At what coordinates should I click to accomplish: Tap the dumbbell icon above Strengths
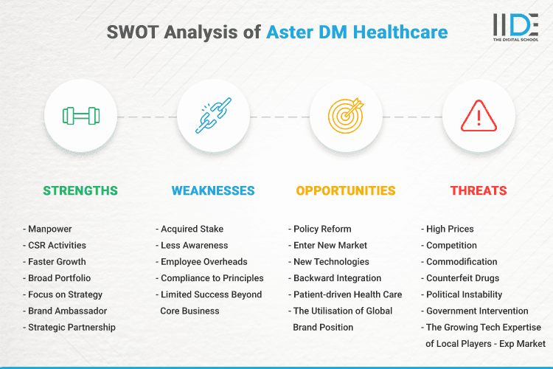pos(80,116)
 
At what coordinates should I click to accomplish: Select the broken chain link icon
pos(213,116)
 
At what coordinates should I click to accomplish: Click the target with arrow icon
pos(346,116)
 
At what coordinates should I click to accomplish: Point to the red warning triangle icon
pos(479,116)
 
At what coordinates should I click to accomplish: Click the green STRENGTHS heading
pos(80,190)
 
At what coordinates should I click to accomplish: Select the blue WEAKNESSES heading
pos(213,190)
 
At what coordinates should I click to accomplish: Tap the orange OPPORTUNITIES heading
pos(346,190)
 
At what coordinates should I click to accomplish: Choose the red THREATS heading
pos(479,190)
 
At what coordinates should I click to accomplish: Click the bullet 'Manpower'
pos(50,229)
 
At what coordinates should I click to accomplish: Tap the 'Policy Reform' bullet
pos(322,229)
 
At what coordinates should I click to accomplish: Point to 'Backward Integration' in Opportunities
pos(337,278)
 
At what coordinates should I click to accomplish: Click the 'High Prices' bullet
pos(450,229)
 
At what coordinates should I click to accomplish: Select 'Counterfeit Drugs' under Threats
pos(462,278)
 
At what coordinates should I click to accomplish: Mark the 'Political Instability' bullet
pos(465,294)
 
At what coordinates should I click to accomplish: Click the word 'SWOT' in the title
pos(133,32)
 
